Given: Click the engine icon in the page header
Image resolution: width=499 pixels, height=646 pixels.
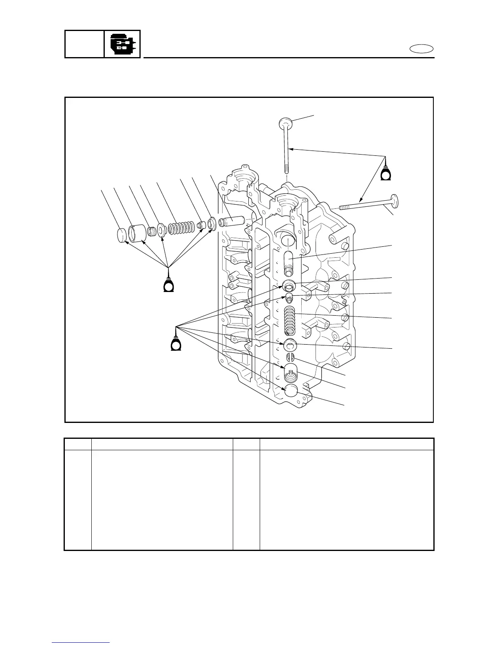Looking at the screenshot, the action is [122, 44].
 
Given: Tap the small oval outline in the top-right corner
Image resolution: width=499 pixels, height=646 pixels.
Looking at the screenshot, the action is [422, 49].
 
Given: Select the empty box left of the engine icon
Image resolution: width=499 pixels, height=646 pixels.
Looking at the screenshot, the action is [84, 44].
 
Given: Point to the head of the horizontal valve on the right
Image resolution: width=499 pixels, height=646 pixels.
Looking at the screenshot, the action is [395, 202].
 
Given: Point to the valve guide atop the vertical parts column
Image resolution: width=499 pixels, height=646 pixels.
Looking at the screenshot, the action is [289, 263].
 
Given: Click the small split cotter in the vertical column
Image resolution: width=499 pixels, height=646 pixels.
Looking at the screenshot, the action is [289, 357].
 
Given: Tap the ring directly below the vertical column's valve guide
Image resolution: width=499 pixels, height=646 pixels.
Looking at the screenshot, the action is [289, 285].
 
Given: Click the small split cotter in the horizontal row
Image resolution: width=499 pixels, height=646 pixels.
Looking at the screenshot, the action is [152, 232].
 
